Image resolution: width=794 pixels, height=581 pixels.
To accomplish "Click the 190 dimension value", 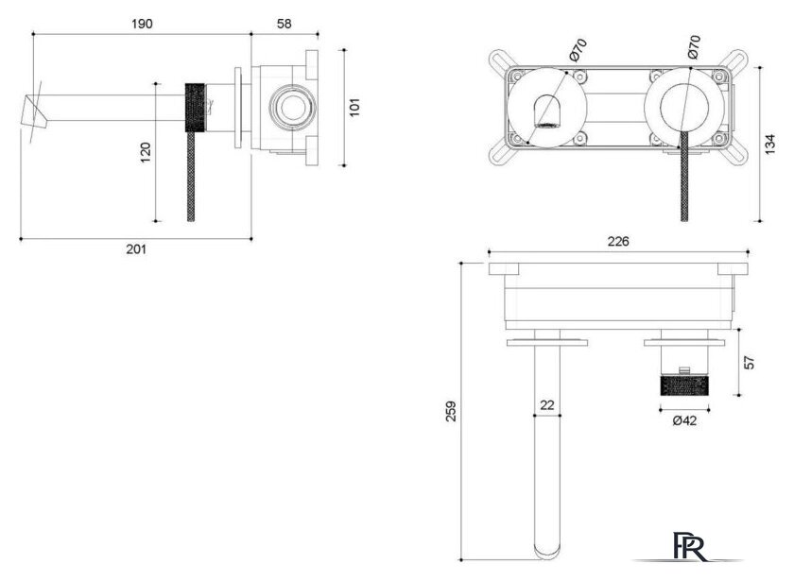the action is click(x=142, y=24).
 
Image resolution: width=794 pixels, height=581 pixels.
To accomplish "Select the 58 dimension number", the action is click(x=285, y=24).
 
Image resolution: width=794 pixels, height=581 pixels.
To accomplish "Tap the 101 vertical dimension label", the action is click(x=354, y=108).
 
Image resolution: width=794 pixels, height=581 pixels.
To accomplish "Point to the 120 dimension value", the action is click(x=146, y=152).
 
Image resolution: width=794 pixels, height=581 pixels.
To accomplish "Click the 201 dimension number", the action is click(x=136, y=249).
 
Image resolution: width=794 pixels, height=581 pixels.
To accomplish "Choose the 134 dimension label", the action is click(x=769, y=145).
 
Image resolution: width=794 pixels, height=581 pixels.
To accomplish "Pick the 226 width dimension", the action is click(x=618, y=242).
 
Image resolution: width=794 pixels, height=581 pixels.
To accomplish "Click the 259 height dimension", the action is click(x=451, y=412).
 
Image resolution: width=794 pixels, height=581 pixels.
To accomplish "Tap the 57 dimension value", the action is click(x=750, y=363).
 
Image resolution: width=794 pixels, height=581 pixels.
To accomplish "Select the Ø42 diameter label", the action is click(x=684, y=420).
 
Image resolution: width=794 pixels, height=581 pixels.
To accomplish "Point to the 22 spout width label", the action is click(x=547, y=405).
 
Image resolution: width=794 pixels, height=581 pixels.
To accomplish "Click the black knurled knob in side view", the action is click(x=195, y=108).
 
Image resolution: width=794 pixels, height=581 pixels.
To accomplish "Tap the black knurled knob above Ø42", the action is click(x=684, y=385).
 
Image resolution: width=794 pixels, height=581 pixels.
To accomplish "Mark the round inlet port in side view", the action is click(x=293, y=108).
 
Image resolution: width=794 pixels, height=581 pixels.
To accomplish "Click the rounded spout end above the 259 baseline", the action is click(x=547, y=551).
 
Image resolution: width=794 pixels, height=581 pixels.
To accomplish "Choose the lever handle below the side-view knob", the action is click(x=191, y=177).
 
